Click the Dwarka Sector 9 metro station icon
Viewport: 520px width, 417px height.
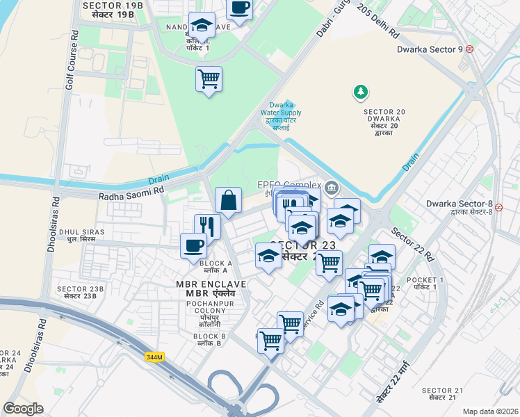pos(470,49)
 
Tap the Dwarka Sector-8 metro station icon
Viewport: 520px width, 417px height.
pos(498,206)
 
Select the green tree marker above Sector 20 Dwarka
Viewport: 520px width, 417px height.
pos(360,91)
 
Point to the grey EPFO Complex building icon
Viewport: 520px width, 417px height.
pos(332,186)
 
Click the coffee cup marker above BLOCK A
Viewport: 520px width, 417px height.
pos(193,245)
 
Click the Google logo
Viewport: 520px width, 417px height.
pos(23,408)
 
